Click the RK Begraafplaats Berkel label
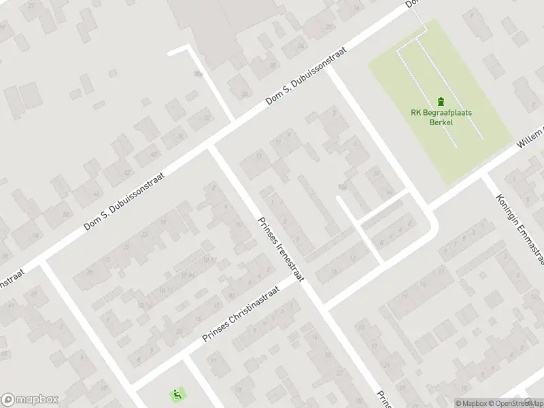441,118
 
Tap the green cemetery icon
441,101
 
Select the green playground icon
176,393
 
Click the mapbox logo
30,400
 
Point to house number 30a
198,73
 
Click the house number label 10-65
187,274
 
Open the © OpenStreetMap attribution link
515,403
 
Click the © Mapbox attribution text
471,403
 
